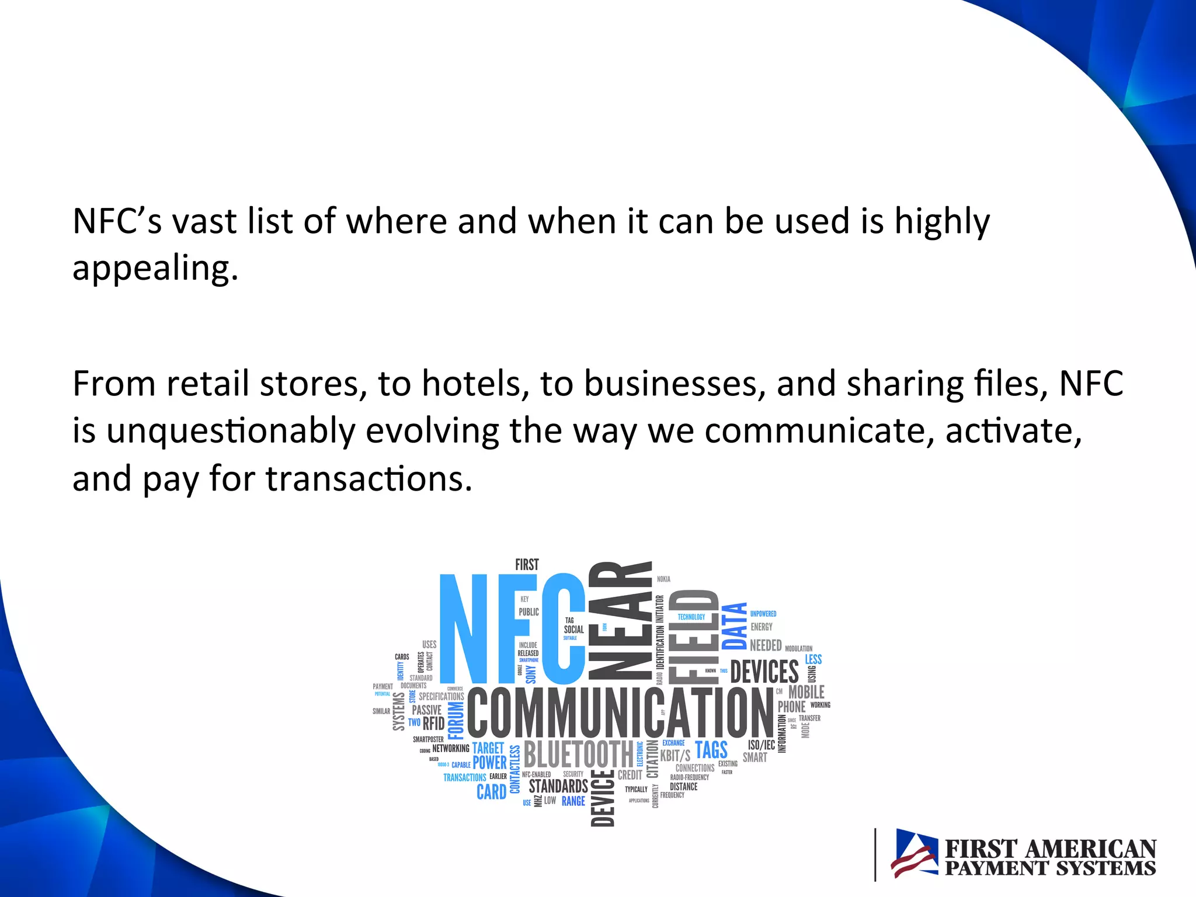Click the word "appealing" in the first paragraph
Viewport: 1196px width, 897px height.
coord(155,269)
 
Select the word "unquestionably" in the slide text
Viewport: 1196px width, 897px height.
coord(231,432)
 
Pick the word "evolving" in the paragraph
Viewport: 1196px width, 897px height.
coord(432,432)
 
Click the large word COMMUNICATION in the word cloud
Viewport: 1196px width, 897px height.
coord(620,712)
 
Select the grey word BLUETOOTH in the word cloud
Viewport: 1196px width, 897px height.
coord(578,754)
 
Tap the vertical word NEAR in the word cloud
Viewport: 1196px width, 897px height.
coord(620,621)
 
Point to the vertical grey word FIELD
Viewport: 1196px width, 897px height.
coord(694,637)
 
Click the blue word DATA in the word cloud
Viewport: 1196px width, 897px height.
coord(735,626)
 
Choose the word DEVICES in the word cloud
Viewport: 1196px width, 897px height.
coord(764,672)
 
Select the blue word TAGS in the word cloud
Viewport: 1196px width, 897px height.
coord(711,750)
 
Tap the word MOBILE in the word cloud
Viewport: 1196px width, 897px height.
coord(806,692)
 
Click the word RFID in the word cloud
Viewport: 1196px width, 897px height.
coord(433,724)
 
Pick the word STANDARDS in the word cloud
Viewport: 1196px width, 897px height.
coord(558,786)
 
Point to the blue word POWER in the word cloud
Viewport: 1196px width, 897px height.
coord(489,763)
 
